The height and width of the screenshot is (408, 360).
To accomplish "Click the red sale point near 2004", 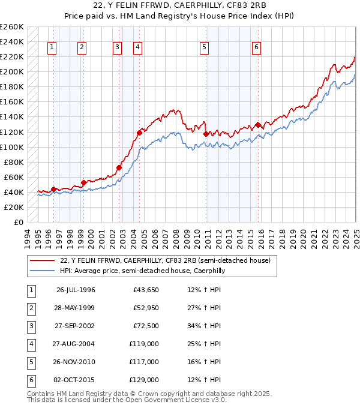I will pos(139,133).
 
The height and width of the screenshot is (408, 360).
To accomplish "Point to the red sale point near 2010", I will pos(205,134).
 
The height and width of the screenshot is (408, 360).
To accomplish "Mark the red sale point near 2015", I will pos(257,125).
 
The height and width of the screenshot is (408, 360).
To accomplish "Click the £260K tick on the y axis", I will pos(12,27).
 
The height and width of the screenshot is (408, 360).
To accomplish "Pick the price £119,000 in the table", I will pos(146,344).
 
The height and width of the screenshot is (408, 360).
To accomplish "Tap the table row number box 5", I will pos(30,362).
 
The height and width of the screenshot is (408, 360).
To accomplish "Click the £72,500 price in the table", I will pos(146,326).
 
